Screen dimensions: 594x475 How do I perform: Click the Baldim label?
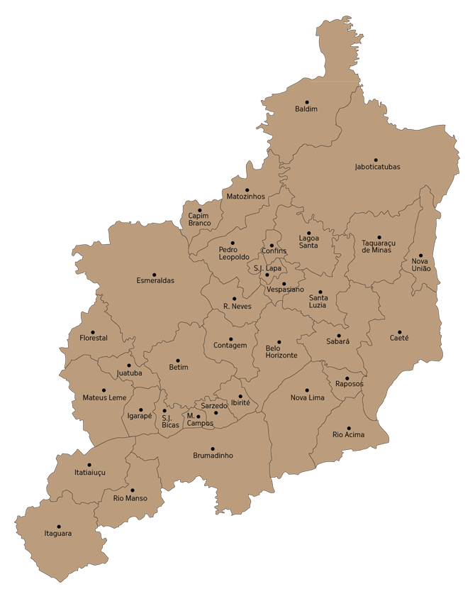(306, 109)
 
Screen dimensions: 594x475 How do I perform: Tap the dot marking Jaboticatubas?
(376, 160)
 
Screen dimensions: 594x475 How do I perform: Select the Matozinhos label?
(245, 196)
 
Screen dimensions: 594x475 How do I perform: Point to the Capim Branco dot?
(199, 210)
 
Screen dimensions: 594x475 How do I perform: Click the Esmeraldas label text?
(155, 280)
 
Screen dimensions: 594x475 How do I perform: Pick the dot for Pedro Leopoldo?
(233, 243)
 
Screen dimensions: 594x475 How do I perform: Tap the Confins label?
(274, 251)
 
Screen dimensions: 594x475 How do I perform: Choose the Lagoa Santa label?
(308, 241)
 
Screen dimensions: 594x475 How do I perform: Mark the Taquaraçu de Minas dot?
(379, 238)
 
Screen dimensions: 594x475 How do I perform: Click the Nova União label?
(420, 265)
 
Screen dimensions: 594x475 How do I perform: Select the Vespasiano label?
(286, 290)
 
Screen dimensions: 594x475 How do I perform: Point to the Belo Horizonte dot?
(279, 342)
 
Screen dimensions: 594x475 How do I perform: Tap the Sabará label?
(338, 341)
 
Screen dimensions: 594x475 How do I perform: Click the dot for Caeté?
(399, 331)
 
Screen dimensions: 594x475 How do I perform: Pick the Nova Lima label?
(307, 397)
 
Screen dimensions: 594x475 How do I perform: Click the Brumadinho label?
(213, 455)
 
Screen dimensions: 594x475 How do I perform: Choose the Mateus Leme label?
(104, 397)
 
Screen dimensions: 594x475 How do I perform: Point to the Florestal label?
(94, 338)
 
